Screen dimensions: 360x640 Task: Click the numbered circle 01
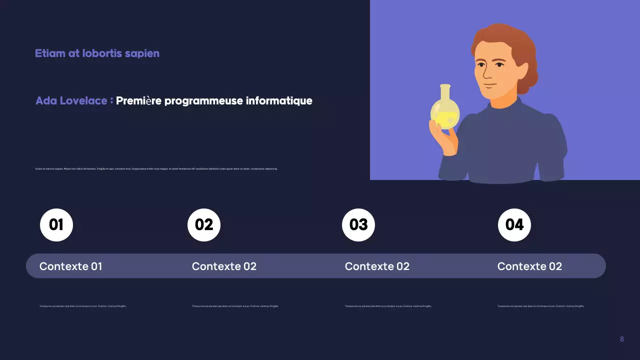tap(56, 225)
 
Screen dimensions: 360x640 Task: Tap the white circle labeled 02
tap(204, 225)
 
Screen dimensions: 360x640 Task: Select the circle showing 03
tap(358, 225)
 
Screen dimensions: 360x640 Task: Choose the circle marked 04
tap(514, 225)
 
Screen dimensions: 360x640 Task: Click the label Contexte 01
tap(70, 266)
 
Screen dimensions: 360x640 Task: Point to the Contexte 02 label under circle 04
tap(529, 266)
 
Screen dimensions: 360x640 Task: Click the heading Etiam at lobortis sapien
tap(97, 53)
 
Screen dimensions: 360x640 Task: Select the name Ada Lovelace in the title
tap(71, 100)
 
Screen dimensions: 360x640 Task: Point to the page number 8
tap(621, 339)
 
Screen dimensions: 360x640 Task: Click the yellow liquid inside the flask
tap(444, 119)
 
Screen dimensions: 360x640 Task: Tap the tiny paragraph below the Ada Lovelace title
tap(156, 169)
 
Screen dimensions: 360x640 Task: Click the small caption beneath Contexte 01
tap(82, 306)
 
